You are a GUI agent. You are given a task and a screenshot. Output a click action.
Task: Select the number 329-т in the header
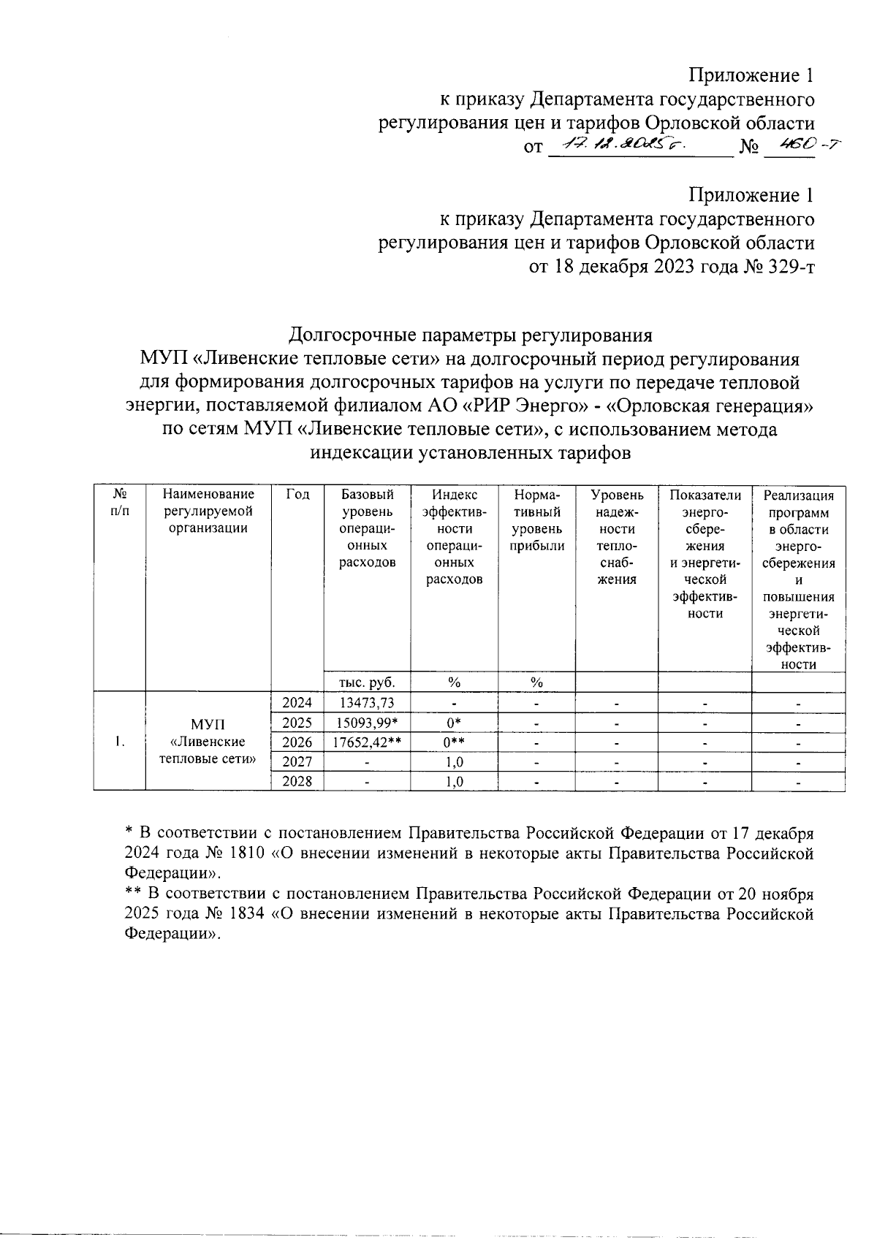tap(787, 267)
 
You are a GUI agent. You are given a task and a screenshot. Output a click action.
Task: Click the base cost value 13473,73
tap(368, 703)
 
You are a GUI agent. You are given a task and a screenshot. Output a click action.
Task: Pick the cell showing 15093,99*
tap(368, 723)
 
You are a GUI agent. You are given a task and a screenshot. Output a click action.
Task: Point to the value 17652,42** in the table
tap(368, 742)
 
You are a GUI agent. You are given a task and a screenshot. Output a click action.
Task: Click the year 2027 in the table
tap(297, 762)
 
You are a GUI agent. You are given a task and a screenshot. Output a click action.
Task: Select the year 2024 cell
tap(297, 703)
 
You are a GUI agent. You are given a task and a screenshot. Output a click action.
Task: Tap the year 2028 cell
tap(297, 781)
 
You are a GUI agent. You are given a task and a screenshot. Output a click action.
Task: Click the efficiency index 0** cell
tap(454, 742)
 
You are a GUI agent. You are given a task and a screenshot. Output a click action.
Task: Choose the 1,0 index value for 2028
tap(454, 781)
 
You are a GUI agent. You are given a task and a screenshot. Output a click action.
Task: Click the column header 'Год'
tap(297, 495)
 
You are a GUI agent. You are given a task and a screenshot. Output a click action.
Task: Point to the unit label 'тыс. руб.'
tap(368, 682)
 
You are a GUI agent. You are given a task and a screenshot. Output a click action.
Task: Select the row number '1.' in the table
tap(120, 742)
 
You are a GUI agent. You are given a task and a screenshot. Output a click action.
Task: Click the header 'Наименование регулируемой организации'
tap(208, 511)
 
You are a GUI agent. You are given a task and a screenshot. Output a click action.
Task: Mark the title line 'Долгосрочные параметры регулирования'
tap(470, 335)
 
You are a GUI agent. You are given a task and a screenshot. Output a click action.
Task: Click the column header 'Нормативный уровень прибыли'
tap(537, 520)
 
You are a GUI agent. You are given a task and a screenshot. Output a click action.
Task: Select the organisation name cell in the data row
tap(208, 741)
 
